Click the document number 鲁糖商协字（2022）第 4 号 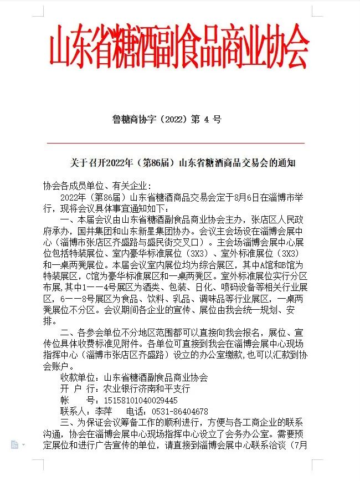tap(167, 119)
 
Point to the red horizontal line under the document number tap(179, 143)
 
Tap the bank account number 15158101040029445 tap(138, 400)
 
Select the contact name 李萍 tap(104, 412)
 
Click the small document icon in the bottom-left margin tap(14, 444)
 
